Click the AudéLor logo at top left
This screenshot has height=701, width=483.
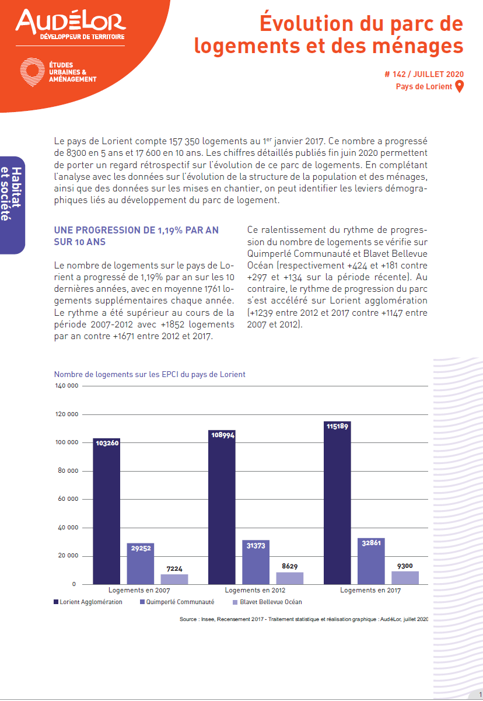(x=71, y=25)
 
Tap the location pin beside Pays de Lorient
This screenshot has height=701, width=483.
(x=459, y=87)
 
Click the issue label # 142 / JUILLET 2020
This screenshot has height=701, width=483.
(x=424, y=74)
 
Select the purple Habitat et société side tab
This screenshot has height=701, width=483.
(x=12, y=205)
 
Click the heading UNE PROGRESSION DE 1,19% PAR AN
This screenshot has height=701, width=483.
(x=136, y=230)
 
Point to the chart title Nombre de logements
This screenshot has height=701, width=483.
(x=149, y=374)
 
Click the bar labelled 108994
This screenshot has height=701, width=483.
(x=222, y=507)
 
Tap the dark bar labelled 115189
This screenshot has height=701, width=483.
(x=337, y=503)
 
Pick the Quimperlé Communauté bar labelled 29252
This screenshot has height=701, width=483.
(x=141, y=564)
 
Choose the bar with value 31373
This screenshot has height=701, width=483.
(x=256, y=562)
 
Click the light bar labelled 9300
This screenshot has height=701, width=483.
(x=405, y=578)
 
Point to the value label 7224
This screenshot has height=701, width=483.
(x=174, y=569)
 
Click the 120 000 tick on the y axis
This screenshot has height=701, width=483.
(x=66, y=414)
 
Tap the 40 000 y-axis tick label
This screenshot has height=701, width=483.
(x=68, y=528)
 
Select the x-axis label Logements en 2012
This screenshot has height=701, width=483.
(x=255, y=590)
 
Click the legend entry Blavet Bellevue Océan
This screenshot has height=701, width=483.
(x=268, y=602)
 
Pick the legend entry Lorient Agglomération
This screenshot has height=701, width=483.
(x=88, y=602)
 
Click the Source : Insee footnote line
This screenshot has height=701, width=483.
(x=304, y=619)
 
